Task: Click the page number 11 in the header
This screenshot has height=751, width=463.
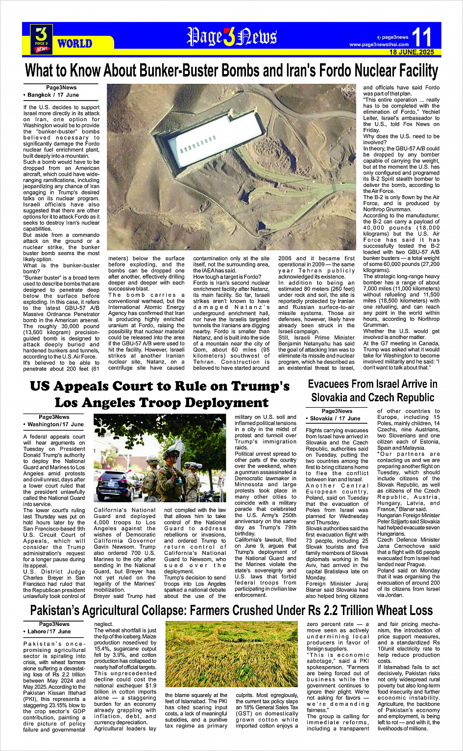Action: pyautogui.click(x=422, y=37)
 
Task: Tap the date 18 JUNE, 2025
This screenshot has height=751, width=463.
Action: pyautogui.click(x=412, y=52)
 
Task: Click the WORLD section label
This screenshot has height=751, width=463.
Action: pyautogui.click(x=74, y=44)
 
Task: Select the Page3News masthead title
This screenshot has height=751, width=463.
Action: pyautogui.click(x=232, y=37)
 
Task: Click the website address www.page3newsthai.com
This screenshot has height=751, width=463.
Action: pyautogui.click(x=379, y=45)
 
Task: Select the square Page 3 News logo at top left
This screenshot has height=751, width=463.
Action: pyautogui.click(x=42, y=38)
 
